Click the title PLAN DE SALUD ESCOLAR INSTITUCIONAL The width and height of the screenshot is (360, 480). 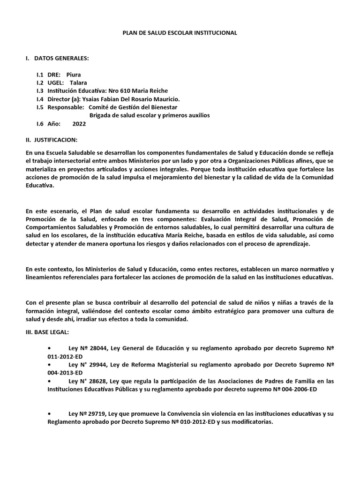(180, 33)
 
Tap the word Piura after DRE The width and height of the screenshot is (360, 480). (74, 75)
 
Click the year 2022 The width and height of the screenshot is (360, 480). (80, 124)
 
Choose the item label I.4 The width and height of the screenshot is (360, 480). (40, 99)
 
